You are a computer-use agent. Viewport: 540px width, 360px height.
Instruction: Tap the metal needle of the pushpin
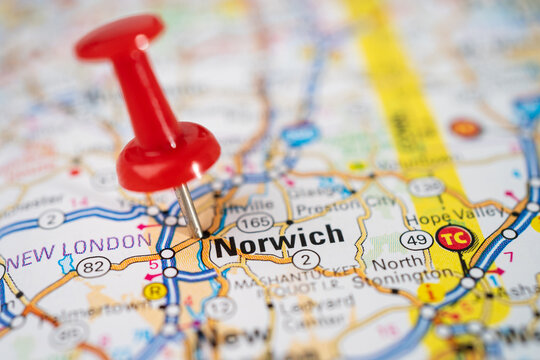[188, 207]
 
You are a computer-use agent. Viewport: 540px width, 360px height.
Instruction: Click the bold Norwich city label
[279, 239]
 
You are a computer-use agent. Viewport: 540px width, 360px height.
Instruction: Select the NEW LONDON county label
[79, 249]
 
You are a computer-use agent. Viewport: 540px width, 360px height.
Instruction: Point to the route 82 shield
[93, 266]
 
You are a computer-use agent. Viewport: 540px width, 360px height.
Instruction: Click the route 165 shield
[255, 222]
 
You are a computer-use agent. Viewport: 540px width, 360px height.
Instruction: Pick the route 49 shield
[416, 240]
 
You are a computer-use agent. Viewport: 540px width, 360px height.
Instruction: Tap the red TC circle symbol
[454, 238]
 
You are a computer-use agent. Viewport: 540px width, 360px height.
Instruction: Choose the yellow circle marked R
[154, 291]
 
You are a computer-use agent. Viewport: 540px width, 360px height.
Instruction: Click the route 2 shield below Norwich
[305, 260]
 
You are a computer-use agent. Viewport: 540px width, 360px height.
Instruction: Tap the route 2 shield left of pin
[51, 219]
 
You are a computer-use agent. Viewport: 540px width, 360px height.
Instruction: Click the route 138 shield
[426, 187]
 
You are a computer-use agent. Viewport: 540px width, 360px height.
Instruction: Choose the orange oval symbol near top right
[465, 128]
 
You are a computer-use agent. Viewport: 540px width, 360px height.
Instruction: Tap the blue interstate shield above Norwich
[300, 133]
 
